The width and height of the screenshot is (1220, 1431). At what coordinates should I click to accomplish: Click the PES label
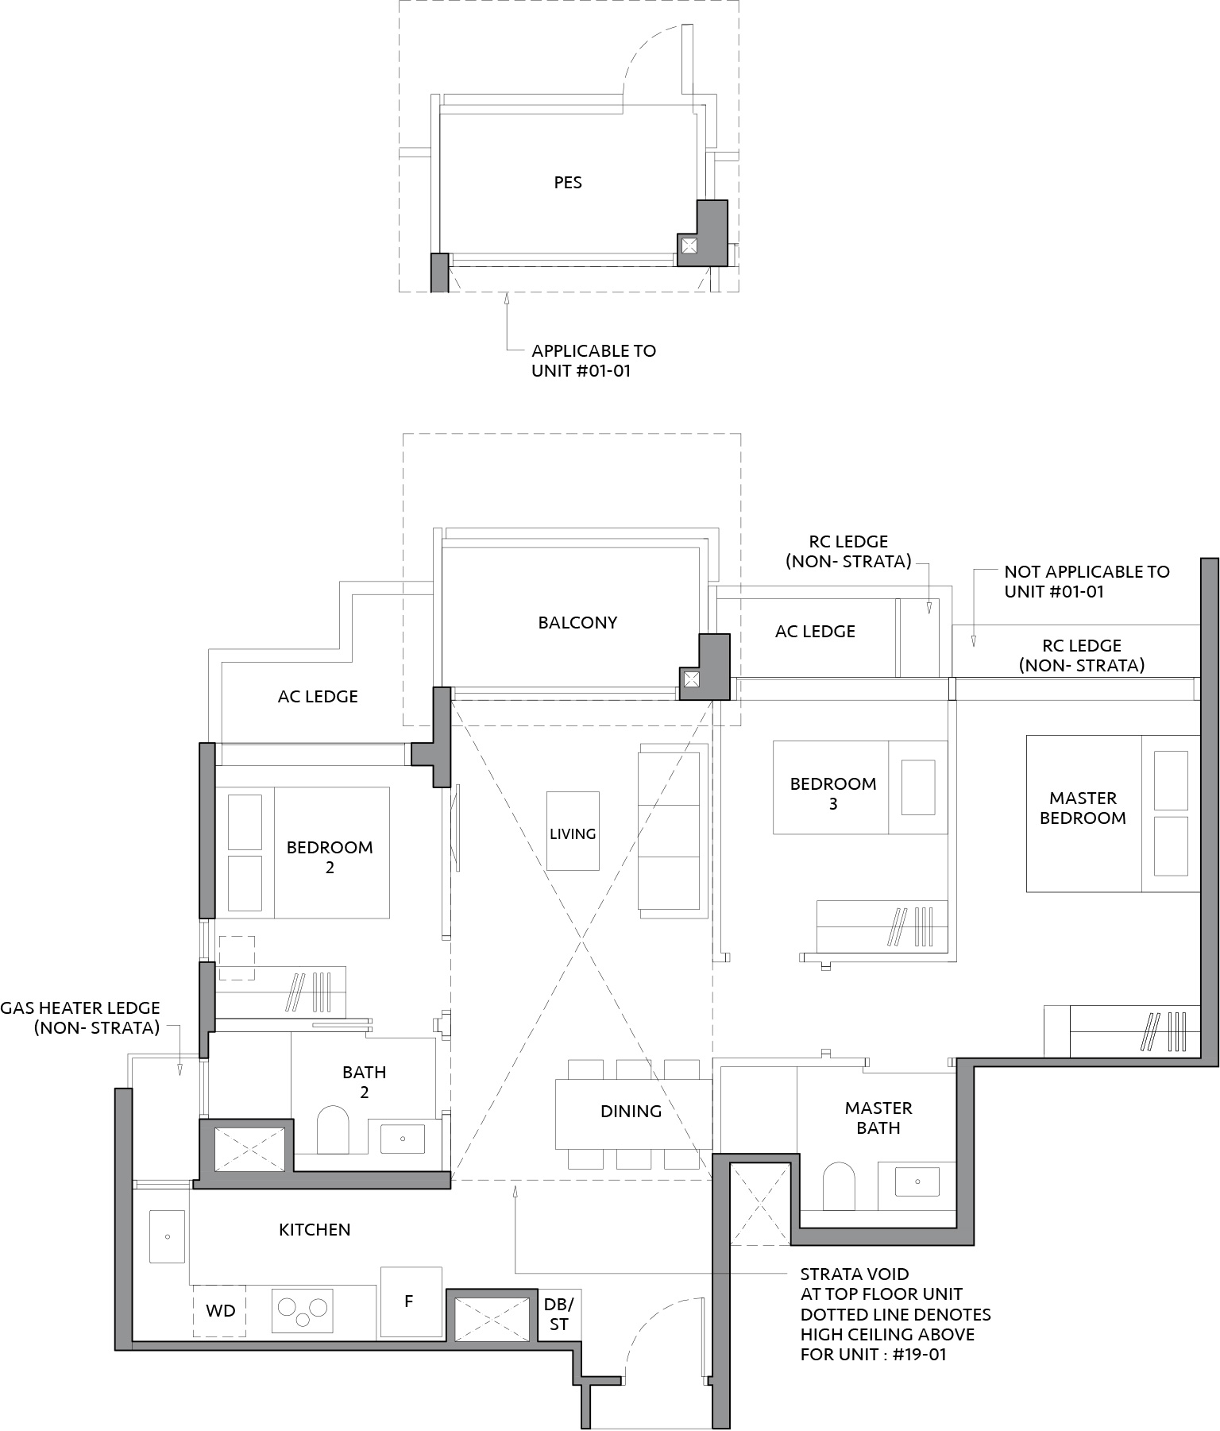pyautogui.click(x=568, y=183)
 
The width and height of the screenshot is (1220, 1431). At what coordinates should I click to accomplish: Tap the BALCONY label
pyautogui.click(x=577, y=623)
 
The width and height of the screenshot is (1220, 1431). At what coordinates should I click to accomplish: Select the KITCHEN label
pyautogui.click(x=315, y=1230)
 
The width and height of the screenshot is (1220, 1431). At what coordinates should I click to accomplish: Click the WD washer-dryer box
pyautogui.click(x=220, y=1310)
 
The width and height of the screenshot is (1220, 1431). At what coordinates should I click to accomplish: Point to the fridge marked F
pyautogui.click(x=411, y=1301)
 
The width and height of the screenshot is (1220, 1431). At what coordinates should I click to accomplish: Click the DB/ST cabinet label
pyautogui.click(x=558, y=1314)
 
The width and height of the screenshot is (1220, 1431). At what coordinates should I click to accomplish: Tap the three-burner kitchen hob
pyautogui.click(x=302, y=1310)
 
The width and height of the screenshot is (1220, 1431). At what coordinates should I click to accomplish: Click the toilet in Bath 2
pyautogui.click(x=333, y=1131)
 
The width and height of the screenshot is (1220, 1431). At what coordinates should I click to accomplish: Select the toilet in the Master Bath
pyautogui.click(x=839, y=1186)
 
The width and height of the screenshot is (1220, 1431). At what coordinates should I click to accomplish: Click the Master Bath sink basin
pyautogui.click(x=917, y=1182)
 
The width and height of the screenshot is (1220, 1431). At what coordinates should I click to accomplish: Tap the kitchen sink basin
pyautogui.click(x=167, y=1236)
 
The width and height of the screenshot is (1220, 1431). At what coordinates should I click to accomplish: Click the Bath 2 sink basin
pyautogui.click(x=403, y=1139)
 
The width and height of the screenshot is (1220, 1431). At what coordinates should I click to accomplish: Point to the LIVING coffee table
pyautogui.click(x=573, y=831)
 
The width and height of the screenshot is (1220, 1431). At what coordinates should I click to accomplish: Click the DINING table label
pyautogui.click(x=631, y=1112)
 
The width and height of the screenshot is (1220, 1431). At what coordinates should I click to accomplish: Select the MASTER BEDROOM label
pyautogui.click(x=1083, y=808)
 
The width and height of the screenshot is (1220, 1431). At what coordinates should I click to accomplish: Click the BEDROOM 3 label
pyautogui.click(x=833, y=794)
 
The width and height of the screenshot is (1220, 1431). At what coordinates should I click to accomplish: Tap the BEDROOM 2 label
pyautogui.click(x=330, y=857)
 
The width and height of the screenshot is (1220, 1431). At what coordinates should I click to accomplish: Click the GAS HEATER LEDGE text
pyautogui.click(x=80, y=1018)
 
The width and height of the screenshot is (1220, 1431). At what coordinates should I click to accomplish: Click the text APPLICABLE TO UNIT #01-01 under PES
pyautogui.click(x=594, y=361)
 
